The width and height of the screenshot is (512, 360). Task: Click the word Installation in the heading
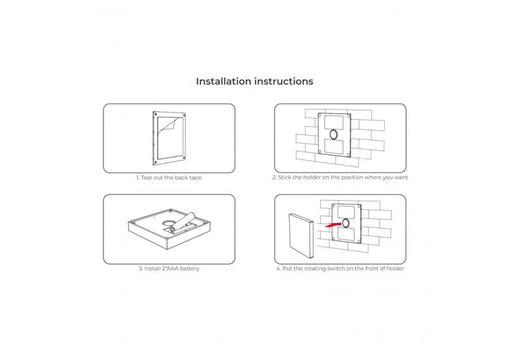click(223, 81)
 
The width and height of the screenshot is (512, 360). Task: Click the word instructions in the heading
click(283, 81)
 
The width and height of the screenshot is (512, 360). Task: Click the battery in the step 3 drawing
click(184, 223)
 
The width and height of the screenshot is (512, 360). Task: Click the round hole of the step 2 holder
click(334, 134)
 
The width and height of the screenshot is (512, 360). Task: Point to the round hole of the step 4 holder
click(345, 224)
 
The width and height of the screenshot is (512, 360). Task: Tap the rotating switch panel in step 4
click(301, 235)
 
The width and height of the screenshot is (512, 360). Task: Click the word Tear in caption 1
click(147, 178)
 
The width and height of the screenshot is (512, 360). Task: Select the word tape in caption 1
click(195, 178)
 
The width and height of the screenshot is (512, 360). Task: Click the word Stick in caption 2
click(285, 177)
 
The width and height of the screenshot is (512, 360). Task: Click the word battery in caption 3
click(189, 269)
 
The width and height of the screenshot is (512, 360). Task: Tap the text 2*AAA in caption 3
click(170, 268)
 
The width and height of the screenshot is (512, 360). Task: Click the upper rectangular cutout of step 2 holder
click(334, 123)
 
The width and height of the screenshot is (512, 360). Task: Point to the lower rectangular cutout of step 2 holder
click(334, 146)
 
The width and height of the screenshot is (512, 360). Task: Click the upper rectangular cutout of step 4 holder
click(346, 213)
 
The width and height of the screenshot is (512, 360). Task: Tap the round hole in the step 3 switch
click(169, 223)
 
